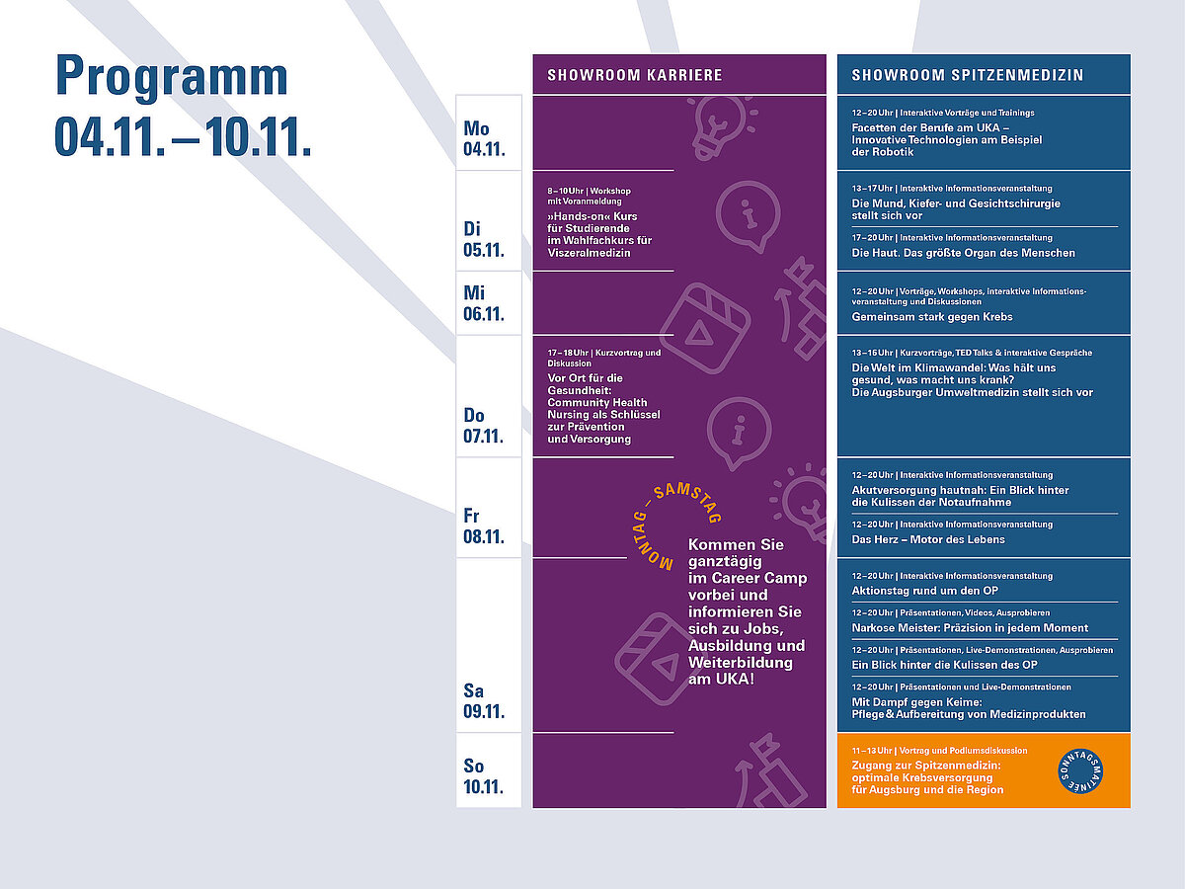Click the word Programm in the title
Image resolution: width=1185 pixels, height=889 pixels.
(x=172, y=78)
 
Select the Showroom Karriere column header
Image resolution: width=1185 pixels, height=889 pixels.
(x=635, y=75)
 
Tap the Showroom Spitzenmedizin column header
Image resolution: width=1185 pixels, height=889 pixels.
(x=968, y=75)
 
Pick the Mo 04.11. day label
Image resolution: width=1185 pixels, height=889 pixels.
(x=484, y=138)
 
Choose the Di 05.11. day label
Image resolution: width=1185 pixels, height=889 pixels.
(x=484, y=239)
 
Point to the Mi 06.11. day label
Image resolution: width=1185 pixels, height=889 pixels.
(x=484, y=303)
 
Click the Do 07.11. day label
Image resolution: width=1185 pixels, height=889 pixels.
(x=483, y=426)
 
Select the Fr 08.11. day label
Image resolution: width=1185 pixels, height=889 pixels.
(x=484, y=526)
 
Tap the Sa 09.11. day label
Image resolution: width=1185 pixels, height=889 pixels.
(x=484, y=701)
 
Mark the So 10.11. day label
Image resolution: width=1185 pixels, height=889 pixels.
(x=483, y=776)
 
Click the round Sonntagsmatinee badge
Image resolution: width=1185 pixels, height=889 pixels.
(x=1080, y=771)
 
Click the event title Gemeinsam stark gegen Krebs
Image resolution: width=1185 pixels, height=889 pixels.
(x=932, y=317)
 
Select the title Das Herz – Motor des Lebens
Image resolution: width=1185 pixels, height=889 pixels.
(x=928, y=539)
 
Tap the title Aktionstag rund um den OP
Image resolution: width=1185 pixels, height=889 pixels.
(x=924, y=591)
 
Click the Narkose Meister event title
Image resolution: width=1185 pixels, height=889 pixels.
(x=970, y=628)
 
